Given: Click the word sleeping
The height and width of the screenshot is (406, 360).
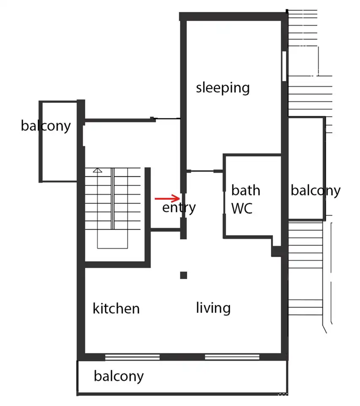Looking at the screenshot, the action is point(223,88).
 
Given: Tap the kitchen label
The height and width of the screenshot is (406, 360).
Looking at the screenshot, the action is point(116,308).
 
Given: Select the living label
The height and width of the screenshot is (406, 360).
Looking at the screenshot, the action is point(213,308).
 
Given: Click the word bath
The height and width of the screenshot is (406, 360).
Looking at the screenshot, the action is point(245,190).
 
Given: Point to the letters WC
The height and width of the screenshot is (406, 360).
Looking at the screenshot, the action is point(242,208).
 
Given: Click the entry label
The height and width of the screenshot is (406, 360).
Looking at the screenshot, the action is point(179,208).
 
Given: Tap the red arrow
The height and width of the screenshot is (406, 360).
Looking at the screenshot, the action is point(167,199).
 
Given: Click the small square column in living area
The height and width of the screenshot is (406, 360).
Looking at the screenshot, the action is point(184,275).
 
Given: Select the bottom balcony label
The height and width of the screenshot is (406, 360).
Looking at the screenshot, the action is point(119,376).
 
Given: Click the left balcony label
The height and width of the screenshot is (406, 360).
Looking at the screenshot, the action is point(46,126).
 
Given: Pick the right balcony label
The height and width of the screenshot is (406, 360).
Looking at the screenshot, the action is point(316,191).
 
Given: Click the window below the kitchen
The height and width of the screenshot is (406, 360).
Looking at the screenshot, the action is point(132,357).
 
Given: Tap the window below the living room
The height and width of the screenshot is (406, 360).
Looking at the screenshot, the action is point(232,357).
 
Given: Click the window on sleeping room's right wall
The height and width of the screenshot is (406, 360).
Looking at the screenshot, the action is point(284,66).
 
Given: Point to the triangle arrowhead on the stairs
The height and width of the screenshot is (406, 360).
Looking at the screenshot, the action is point(98,170).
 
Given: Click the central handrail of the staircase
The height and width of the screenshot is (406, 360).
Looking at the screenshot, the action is point(112,199).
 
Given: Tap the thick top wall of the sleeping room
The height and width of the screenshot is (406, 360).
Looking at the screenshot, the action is point(233,16).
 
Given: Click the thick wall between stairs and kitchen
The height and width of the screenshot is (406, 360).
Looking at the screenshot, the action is point(117,264).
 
